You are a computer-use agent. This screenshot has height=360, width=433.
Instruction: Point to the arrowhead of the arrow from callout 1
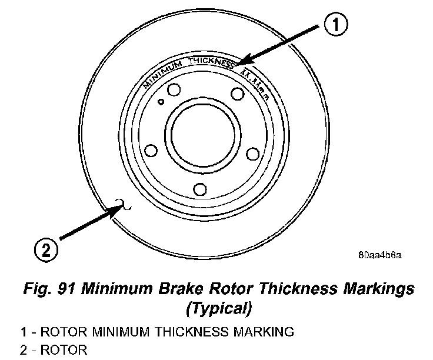pyautogui.click(x=241, y=64)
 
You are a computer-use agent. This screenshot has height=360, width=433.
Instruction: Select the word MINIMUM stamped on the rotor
pyautogui.click(x=164, y=71)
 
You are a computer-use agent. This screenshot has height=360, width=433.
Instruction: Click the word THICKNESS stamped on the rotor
pyautogui.click(x=212, y=62)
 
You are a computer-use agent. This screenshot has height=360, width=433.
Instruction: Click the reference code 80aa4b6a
pyautogui.click(x=379, y=255)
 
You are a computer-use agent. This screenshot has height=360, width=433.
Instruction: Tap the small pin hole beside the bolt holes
pyautogui.click(x=161, y=101)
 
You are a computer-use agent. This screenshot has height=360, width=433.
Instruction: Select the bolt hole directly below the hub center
pyautogui.click(x=200, y=189)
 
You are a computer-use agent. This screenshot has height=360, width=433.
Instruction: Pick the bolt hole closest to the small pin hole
pyautogui.click(x=172, y=91)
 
